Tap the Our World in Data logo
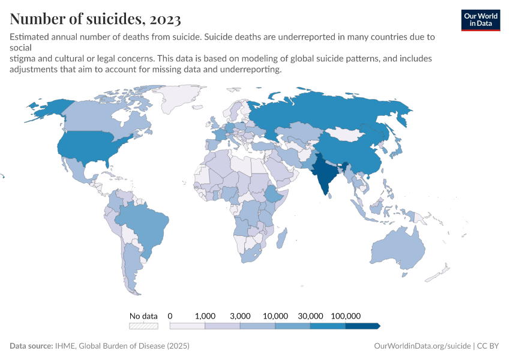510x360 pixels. tap(480, 19)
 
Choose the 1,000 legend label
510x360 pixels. tap(205, 316)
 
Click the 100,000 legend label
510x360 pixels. tap(346, 316)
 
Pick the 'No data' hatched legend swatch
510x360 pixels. tap(143, 326)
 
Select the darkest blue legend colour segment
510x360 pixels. tap(362, 326)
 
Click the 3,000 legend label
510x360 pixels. tap(240, 316)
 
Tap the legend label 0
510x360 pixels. tap(170, 316)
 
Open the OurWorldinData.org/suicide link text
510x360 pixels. tap(422, 346)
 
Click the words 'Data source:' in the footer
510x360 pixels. tap(31, 346)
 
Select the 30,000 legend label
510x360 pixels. tap(310, 316)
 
